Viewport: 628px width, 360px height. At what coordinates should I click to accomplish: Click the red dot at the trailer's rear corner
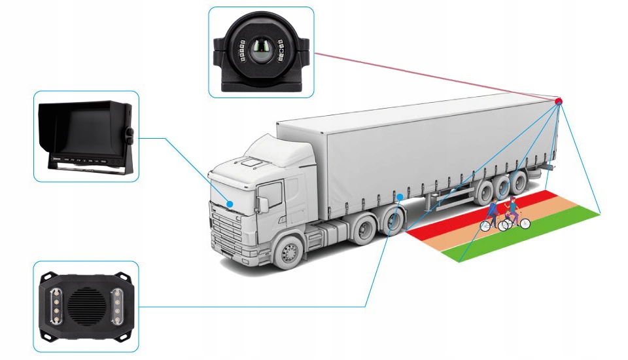coord(559,101)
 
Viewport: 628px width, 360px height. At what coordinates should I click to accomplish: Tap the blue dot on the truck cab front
coord(230,204)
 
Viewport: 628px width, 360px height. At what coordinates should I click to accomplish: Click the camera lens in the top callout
coord(261,52)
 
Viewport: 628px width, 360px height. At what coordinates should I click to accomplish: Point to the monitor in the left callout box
coord(85,137)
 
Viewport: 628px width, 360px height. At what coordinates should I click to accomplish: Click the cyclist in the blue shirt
coord(515,209)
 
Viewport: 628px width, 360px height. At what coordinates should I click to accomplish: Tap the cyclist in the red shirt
coord(493,213)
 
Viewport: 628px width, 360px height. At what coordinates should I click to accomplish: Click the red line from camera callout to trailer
coord(432,77)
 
